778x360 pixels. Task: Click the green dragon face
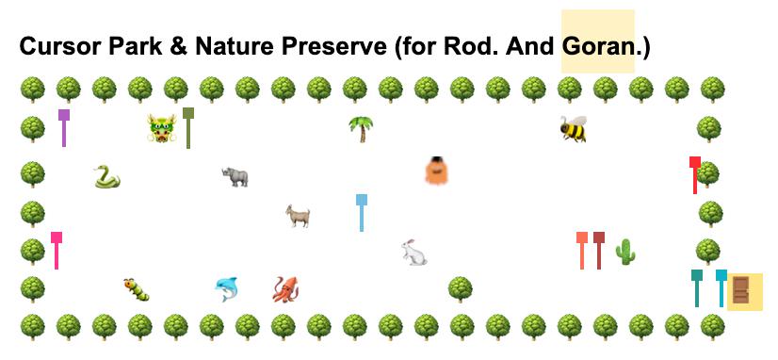tap(162, 128)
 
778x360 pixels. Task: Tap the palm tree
tap(361, 129)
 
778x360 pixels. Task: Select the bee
tap(573, 129)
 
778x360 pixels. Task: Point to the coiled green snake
tap(106, 177)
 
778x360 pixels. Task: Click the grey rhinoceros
tap(235, 177)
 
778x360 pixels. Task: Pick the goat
tap(298, 216)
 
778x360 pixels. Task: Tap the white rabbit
tap(413, 253)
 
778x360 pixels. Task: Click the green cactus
tap(625, 252)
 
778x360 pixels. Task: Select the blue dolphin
tap(227, 289)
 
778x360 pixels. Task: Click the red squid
tap(285, 289)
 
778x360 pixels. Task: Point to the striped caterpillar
tap(137, 289)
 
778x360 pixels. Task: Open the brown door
tap(740, 290)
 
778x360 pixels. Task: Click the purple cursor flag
tap(63, 127)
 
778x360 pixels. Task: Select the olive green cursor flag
tap(188, 127)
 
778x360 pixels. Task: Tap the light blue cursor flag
tap(362, 213)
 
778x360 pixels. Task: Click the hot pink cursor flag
tap(57, 251)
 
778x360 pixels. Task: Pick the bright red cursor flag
tap(695, 174)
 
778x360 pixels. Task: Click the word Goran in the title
tap(599, 46)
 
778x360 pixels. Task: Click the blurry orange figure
tap(437, 171)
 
